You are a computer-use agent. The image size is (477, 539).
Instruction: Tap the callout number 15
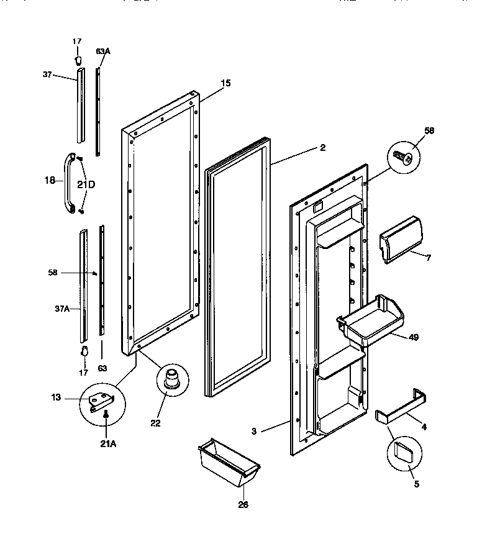pyautogui.click(x=225, y=83)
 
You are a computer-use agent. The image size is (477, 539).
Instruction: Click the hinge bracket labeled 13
pyautogui.click(x=100, y=401)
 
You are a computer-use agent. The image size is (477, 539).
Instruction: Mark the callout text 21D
pyautogui.click(x=86, y=184)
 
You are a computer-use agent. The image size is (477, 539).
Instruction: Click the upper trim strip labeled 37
pyautogui.click(x=80, y=106)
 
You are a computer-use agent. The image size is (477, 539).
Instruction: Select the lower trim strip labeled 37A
pyautogui.click(x=83, y=286)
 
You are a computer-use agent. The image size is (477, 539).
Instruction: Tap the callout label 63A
pyautogui.click(x=103, y=52)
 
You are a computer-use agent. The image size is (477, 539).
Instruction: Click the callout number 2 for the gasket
pyautogui.click(x=322, y=148)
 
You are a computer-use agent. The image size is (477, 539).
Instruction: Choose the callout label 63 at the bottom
pyautogui.click(x=102, y=368)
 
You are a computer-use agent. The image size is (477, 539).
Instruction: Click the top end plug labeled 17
pyautogui.click(x=78, y=59)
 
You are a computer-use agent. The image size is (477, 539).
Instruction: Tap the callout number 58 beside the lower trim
pyautogui.click(x=53, y=272)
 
